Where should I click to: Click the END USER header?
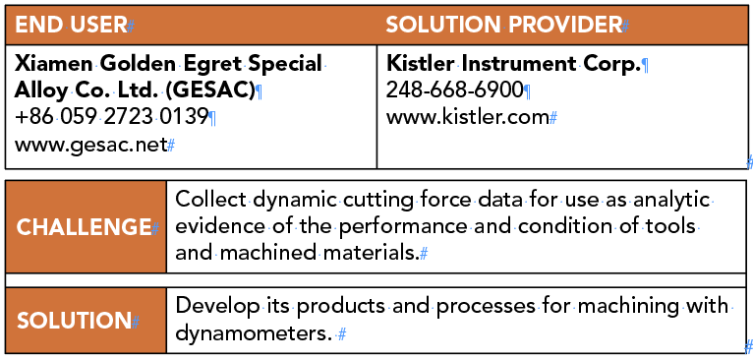tap(70, 25)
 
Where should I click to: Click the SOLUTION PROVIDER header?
tap(502, 25)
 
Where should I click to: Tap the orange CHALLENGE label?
tap(83, 227)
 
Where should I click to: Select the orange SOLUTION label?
tap(74, 321)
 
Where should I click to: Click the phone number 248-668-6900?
tap(454, 91)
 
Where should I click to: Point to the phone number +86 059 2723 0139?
tap(112, 117)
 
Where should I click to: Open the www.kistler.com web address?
tap(466, 117)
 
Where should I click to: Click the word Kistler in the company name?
tap(420, 65)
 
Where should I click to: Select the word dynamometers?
tap(251, 333)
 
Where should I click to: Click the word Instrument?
tap(515, 65)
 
